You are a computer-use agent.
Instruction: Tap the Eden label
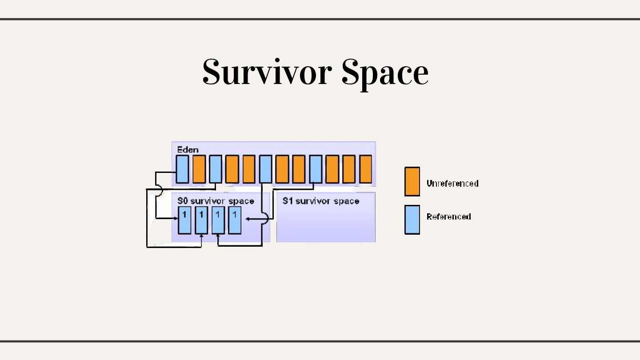188,149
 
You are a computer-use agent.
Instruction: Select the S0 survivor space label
216,201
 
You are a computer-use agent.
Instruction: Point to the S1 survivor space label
320,201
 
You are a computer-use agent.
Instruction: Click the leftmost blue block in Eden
182,169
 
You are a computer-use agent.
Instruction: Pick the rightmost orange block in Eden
365,169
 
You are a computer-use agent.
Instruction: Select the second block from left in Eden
199,169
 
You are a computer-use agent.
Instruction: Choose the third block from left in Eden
216,169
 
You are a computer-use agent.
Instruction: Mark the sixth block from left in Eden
265,169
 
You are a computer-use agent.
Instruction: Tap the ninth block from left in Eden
316,169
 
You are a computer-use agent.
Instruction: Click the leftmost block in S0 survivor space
184,220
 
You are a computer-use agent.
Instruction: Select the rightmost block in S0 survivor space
235,220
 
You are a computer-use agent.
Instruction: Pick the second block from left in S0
201,220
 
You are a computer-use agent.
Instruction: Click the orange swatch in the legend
412,181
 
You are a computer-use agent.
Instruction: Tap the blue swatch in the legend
412,219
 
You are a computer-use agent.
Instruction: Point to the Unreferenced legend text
452,183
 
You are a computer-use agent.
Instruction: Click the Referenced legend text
448,216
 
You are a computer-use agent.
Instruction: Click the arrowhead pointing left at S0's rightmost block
248,219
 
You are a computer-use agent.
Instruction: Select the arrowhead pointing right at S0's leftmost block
176,218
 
